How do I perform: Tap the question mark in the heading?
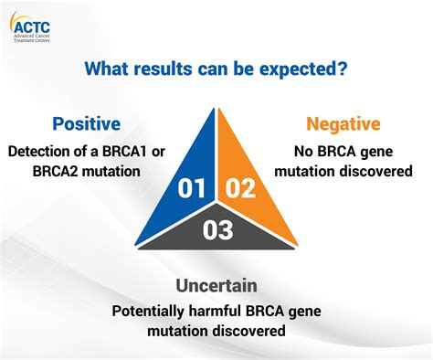pos(344,69)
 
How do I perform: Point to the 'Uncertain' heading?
pos(216,286)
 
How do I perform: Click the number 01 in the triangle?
pos(192,189)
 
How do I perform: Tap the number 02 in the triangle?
pos(240,189)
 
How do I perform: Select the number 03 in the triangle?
pos(216,230)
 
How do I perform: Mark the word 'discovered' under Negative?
pos(374,170)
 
